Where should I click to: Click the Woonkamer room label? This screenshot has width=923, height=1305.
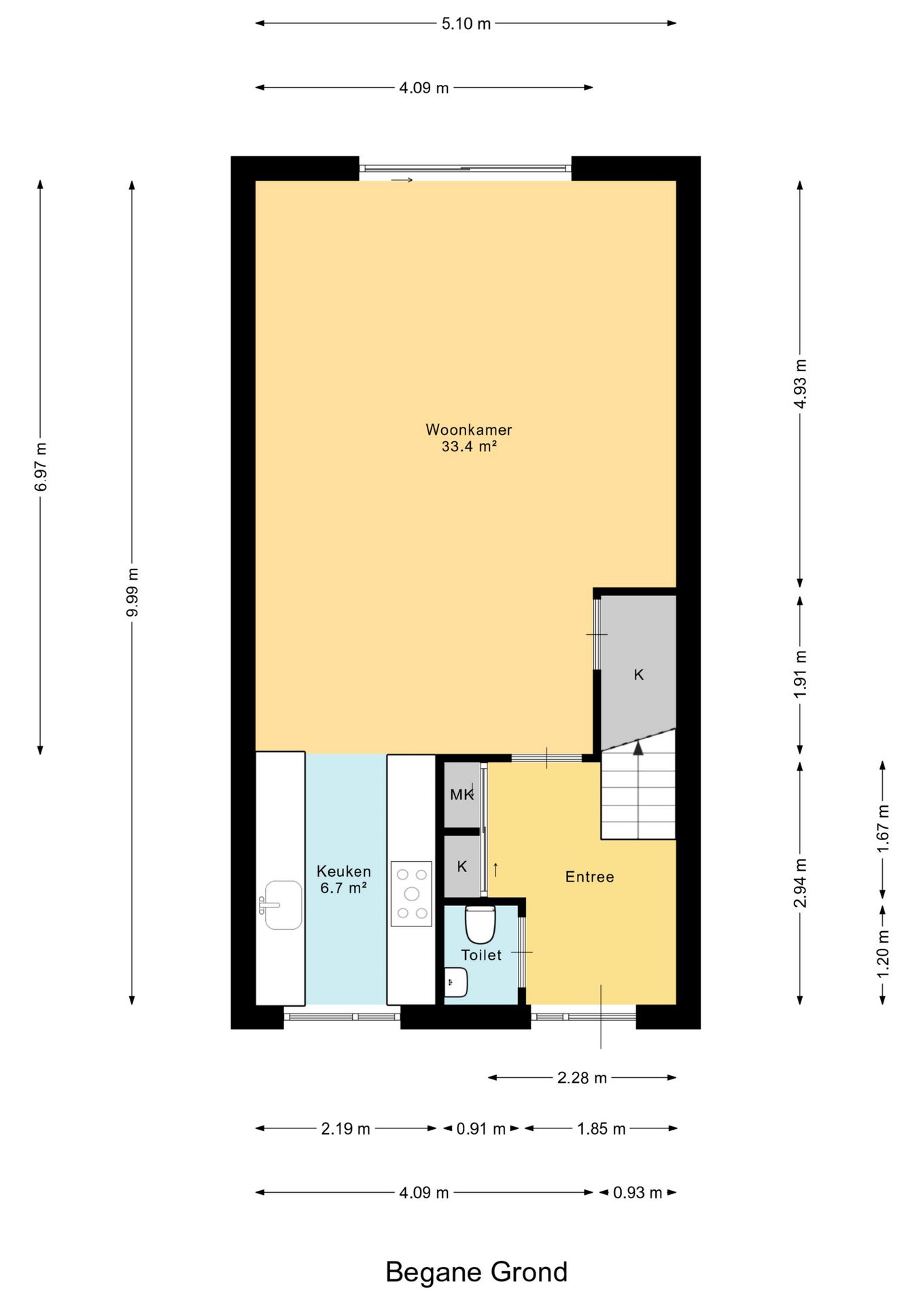point(468,430)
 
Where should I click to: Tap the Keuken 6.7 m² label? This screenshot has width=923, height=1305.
point(344,880)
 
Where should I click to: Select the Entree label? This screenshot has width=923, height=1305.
point(589,877)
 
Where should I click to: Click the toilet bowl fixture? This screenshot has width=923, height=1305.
point(480,924)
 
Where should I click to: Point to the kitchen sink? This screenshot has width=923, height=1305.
point(282,905)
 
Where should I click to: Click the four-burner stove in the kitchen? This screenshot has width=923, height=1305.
point(411,894)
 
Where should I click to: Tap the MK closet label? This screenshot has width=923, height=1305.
point(461,794)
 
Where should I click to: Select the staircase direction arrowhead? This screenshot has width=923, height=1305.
point(638,748)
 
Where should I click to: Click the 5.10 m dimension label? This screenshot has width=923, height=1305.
point(466,24)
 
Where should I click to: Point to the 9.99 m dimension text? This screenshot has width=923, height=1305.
point(133,592)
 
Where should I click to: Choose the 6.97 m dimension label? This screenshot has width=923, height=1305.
point(41,467)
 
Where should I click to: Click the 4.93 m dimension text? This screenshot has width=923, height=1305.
point(800,384)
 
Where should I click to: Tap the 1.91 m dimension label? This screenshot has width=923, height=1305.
point(800,674)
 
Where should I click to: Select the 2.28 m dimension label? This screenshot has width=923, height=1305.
point(582,1078)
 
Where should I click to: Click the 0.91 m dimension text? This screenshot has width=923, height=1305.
point(481,1129)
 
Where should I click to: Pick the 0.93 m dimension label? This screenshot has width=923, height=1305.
point(638,1193)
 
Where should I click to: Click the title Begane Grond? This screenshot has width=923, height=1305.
point(476,1272)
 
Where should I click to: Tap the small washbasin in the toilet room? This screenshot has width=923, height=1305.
point(456,982)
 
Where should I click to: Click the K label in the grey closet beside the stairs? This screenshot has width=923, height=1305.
point(638,675)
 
